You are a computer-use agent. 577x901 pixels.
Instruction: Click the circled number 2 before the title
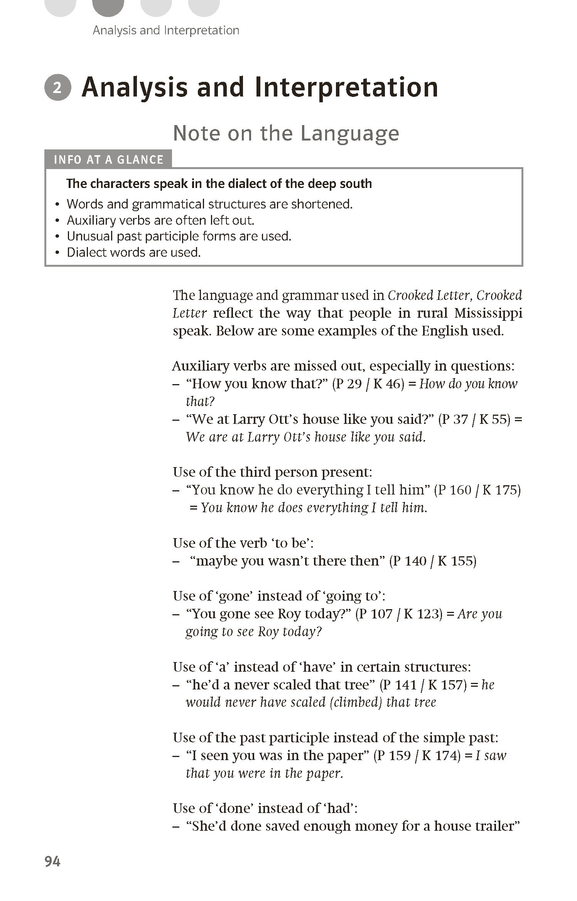(57, 88)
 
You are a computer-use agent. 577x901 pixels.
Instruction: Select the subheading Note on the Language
(286, 133)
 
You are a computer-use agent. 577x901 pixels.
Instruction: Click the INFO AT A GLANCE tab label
(108, 159)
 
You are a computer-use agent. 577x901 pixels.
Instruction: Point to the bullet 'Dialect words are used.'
(133, 252)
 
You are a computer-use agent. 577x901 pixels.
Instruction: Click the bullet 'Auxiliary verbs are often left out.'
(160, 220)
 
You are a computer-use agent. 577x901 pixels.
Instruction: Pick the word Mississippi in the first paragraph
(488, 313)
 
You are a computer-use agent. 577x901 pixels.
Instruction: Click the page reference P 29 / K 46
(368, 384)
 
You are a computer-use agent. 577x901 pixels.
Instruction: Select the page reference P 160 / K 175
(477, 490)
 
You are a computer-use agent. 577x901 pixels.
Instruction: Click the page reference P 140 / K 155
(433, 561)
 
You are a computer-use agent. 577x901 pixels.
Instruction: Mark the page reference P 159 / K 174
(417, 755)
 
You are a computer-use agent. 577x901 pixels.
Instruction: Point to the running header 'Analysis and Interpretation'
(166, 30)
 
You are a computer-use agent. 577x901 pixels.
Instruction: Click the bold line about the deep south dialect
(219, 184)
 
